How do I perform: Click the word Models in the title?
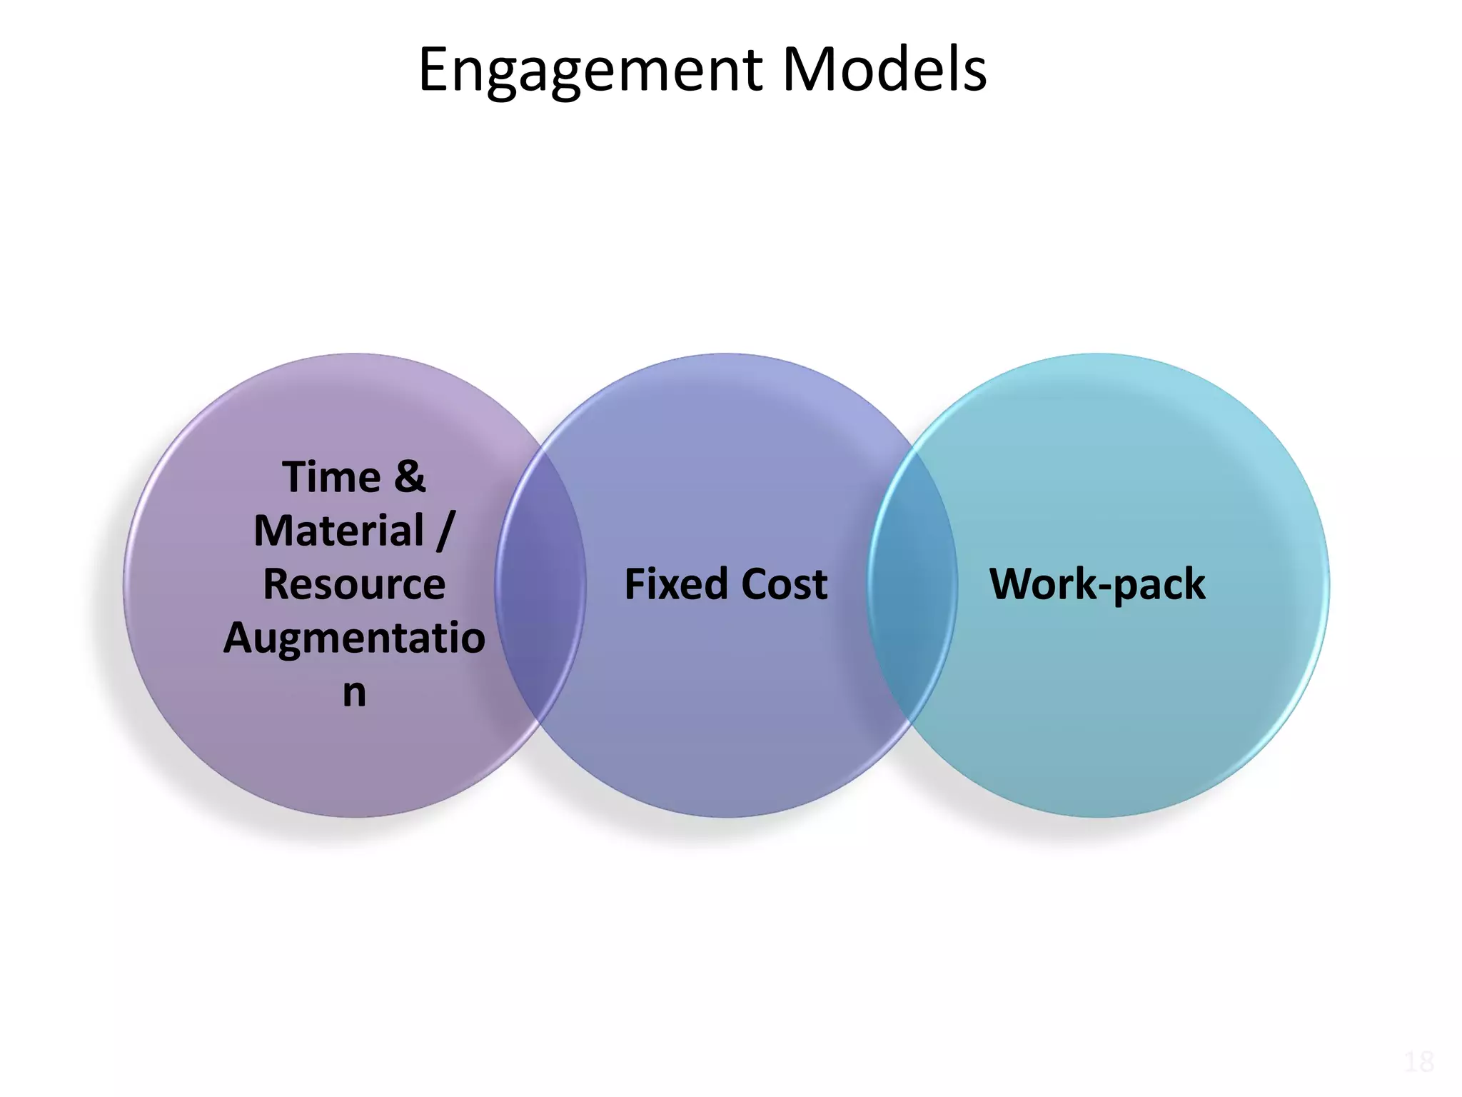[884, 70]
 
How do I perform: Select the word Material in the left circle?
[339, 531]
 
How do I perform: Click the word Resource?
[354, 584]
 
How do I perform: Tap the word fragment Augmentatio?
[354, 638]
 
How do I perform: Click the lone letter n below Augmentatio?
[354, 692]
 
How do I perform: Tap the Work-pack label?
[1097, 584]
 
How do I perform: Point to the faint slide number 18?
[1418, 1063]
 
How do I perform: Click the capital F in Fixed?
[634, 584]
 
